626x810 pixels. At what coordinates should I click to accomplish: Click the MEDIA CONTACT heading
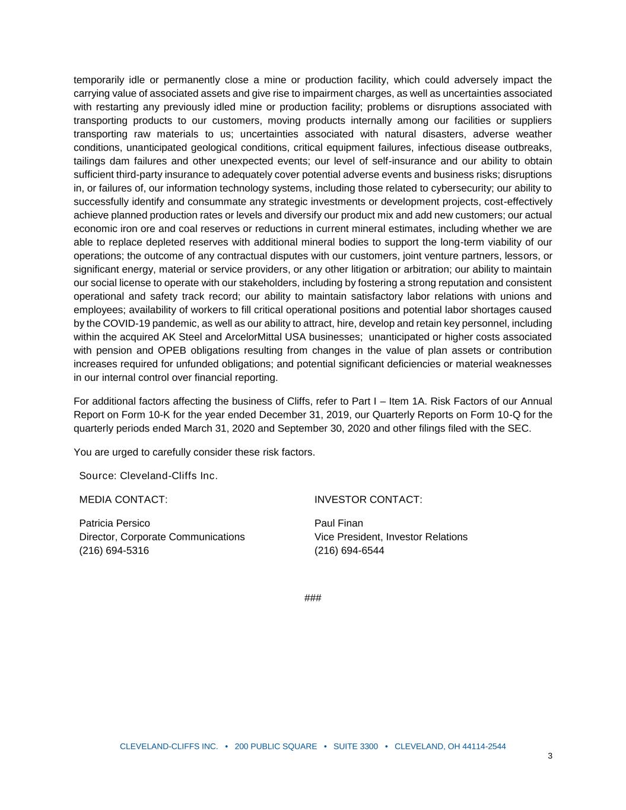coord(123,500)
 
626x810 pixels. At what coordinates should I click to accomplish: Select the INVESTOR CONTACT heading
coord(368,500)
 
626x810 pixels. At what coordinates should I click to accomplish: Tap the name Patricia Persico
coord(115,523)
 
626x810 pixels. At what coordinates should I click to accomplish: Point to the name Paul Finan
coord(338,523)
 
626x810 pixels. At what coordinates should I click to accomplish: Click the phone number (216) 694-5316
coord(114,551)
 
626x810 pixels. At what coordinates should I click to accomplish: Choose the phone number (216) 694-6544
coord(349,551)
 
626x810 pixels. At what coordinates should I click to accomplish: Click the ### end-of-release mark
coord(313,598)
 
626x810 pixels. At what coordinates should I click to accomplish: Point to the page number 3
coord(550,755)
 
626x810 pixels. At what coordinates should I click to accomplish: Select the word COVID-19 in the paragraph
coord(126,323)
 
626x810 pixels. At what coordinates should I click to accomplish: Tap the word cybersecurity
coord(459,188)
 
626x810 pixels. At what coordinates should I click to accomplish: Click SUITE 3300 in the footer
coord(355,747)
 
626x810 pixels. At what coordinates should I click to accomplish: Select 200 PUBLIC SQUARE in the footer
coord(276,747)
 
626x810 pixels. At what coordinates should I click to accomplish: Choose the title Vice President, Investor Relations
coord(390,537)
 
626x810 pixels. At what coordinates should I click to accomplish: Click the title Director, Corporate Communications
coord(162,537)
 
